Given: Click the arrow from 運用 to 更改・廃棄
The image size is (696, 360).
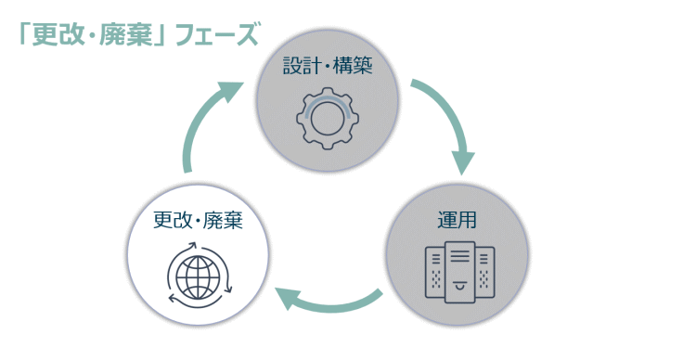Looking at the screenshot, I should click(330, 298).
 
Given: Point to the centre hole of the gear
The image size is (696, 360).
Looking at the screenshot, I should click(328, 118).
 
